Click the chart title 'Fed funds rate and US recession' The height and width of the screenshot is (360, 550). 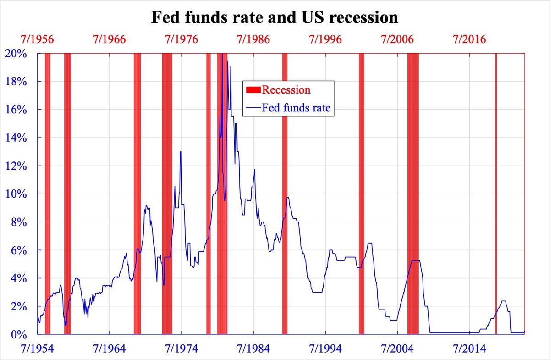coord(275,17)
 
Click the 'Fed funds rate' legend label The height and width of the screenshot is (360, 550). coord(296,109)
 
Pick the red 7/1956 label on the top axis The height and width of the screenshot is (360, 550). coord(38,39)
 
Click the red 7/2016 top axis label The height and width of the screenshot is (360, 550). coord(470,39)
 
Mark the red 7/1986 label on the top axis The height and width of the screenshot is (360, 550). coord(253,39)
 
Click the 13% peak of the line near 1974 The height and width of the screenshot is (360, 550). coord(181,152)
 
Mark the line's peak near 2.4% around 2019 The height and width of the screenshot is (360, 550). coord(504,301)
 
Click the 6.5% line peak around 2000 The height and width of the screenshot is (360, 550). coord(369,243)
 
